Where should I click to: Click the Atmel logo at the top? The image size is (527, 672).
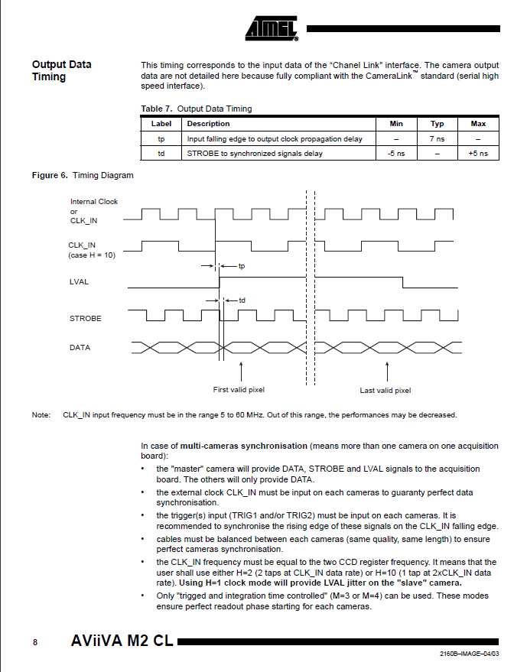tap(271, 28)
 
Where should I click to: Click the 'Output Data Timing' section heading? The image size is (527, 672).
tap(61, 70)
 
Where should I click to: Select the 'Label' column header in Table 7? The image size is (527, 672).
tap(161, 124)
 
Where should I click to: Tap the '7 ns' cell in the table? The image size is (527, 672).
tap(437, 139)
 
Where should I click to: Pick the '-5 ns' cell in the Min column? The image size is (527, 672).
tap(396, 154)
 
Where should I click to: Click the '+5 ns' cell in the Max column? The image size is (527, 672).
tap(478, 154)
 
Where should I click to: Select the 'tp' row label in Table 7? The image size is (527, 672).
tap(161, 139)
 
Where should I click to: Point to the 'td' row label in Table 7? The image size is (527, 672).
tap(161, 154)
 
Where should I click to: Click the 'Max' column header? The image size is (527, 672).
tap(478, 124)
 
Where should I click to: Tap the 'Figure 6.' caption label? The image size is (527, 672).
tap(50, 176)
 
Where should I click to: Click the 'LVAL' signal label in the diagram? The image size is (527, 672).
tap(80, 282)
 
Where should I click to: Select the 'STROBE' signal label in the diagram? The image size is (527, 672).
tap(85, 318)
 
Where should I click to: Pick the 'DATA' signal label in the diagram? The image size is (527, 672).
tap(80, 348)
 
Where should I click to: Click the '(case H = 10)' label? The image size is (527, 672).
tap(92, 255)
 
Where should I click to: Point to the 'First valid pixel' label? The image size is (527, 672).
tap(239, 390)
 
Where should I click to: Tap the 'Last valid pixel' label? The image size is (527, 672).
tap(385, 391)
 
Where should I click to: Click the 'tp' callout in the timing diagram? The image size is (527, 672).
tap(242, 266)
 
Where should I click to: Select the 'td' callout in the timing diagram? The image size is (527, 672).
tap(242, 300)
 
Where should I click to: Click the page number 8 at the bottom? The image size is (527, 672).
tap(34, 642)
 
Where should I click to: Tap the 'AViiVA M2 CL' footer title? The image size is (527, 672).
tap(122, 641)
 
